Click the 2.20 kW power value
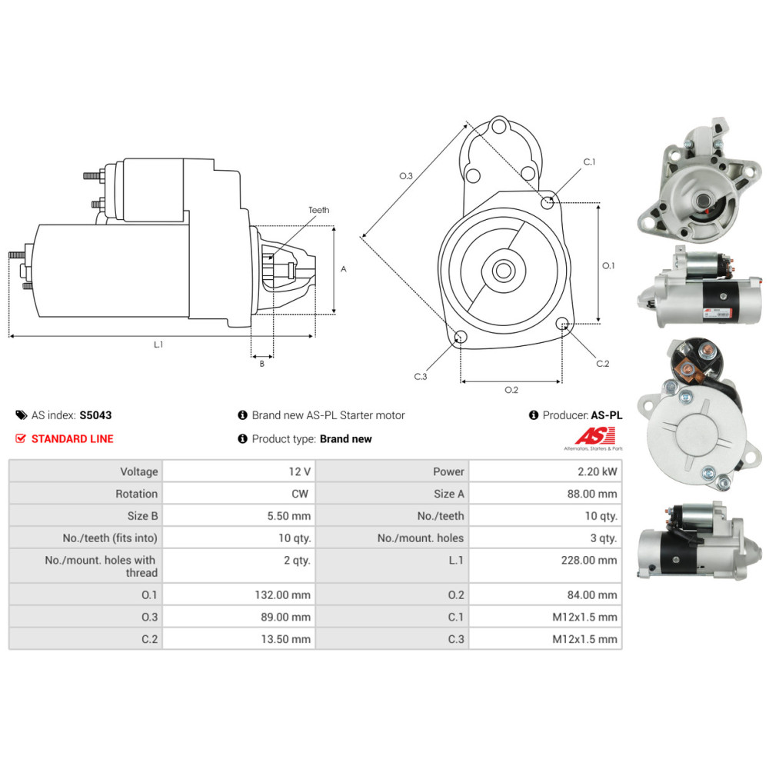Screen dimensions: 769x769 click(x=601, y=471)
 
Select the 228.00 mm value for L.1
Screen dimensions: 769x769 click(x=589, y=560)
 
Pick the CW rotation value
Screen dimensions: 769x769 click(x=301, y=494)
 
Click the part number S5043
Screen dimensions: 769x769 click(x=95, y=415)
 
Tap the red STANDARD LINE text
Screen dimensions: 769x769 click(x=72, y=438)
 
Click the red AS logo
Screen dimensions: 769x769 click(x=589, y=435)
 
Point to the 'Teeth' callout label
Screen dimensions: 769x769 click(x=318, y=210)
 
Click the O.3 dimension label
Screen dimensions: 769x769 click(x=406, y=176)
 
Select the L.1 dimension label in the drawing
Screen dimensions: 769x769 click(x=158, y=345)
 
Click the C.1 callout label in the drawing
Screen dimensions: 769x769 click(x=589, y=162)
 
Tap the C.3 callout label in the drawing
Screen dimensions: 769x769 click(x=421, y=376)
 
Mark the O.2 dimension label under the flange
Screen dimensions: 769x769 click(x=511, y=390)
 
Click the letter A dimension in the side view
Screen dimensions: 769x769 click(x=344, y=269)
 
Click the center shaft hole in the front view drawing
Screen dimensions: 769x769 click(x=504, y=271)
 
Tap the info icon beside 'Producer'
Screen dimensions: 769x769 click(x=534, y=415)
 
